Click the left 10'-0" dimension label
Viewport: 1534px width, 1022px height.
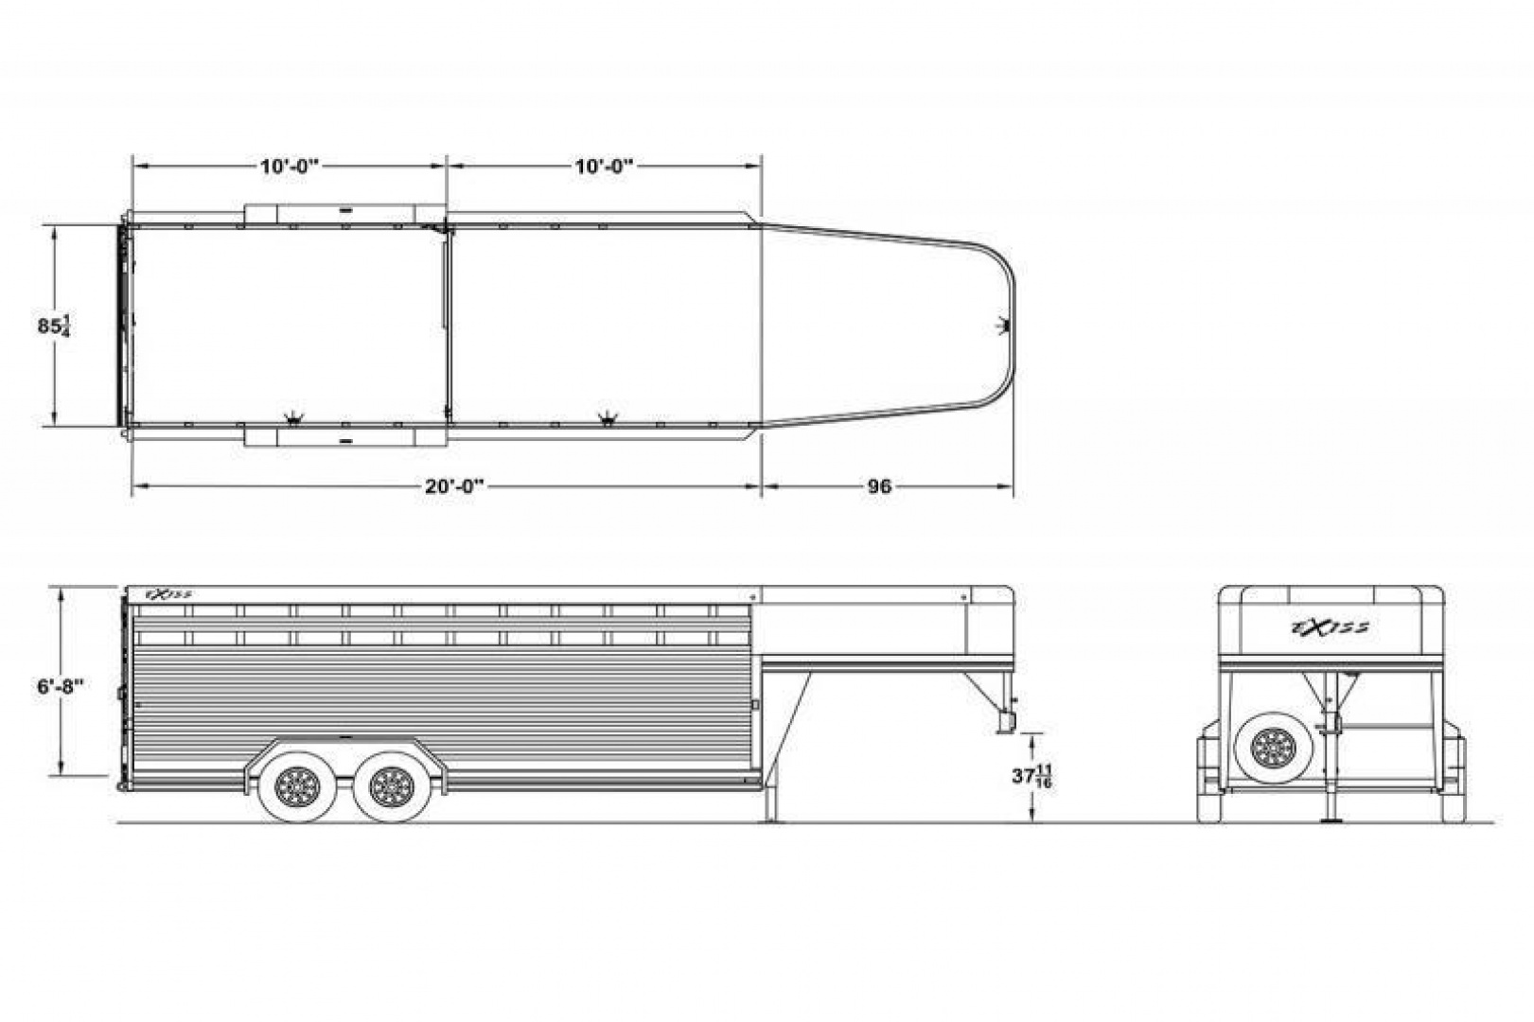(290, 167)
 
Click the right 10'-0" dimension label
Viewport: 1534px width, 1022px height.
(603, 167)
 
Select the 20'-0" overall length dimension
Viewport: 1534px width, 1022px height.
(454, 486)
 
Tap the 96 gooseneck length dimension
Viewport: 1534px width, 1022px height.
(879, 486)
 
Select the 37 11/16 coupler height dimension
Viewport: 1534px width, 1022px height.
(1031, 776)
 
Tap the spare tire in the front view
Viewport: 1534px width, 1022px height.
(1272, 749)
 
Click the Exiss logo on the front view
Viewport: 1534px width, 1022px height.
(1330, 626)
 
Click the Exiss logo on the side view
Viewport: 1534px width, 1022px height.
(168, 595)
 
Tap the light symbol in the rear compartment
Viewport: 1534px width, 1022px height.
(295, 417)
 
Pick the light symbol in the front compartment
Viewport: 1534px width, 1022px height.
(608, 417)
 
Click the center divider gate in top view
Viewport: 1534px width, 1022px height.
(448, 326)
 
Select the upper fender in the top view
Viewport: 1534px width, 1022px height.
(345, 213)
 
